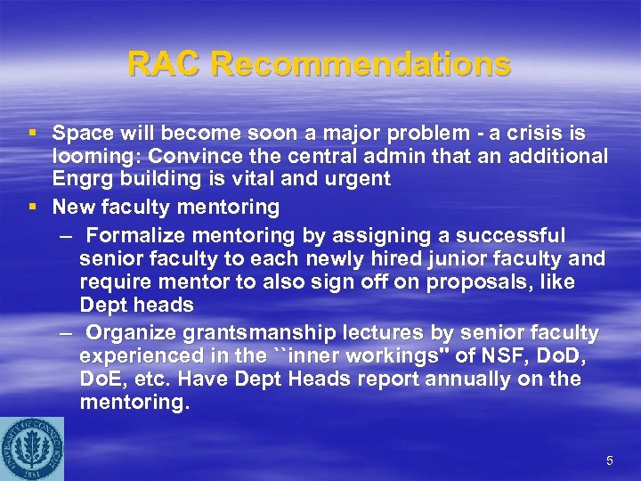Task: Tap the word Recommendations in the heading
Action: click(x=361, y=64)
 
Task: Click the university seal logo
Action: click(x=32, y=446)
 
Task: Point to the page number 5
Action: click(x=609, y=461)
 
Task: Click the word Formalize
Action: click(x=135, y=236)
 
